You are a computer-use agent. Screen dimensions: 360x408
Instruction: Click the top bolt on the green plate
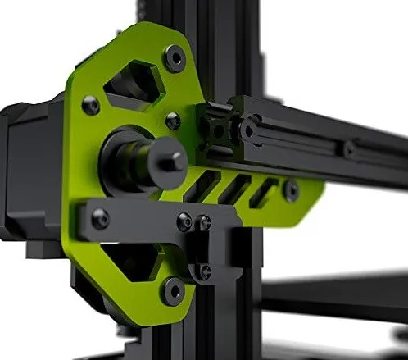[175, 57]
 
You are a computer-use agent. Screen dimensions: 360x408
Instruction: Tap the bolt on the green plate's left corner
[91, 105]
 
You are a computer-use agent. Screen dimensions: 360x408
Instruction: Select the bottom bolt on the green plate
[174, 288]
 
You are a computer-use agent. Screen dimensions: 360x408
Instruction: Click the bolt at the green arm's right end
[291, 189]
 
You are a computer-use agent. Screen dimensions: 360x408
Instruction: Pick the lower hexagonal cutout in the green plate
[132, 266]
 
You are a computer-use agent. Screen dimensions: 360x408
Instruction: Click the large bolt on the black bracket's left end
[100, 219]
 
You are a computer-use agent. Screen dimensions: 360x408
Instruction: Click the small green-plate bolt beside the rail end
[173, 121]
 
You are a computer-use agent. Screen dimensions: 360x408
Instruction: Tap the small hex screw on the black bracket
[185, 221]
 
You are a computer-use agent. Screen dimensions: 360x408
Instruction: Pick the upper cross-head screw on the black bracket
[205, 222]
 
